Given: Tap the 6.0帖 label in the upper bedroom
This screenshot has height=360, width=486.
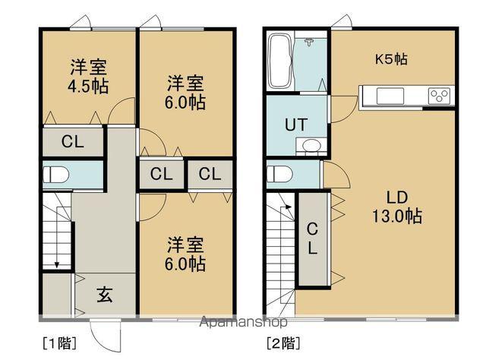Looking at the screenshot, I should coord(187,103).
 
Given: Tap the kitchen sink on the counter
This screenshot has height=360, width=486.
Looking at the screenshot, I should coord(392,96).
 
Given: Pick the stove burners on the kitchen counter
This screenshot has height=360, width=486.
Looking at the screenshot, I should coord(439,96).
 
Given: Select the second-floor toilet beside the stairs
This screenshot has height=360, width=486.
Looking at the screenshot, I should coord(279,174).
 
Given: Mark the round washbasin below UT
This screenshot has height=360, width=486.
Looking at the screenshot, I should coord(309,147).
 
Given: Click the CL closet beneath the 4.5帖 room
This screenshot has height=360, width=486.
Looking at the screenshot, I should coord(72,141).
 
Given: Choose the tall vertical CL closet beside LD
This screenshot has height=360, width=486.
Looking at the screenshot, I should coord(311,238).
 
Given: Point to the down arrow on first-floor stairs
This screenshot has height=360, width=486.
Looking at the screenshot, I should coord(57,264).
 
